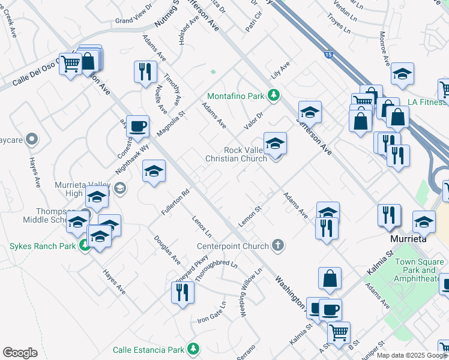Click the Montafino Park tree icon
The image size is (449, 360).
pyautogui.click(x=274, y=95)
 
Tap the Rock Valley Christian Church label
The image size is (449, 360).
pyautogui.click(x=236, y=154)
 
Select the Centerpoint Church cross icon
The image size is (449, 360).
pyautogui.click(x=277, y=245)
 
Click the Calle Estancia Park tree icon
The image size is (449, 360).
pyautogui.click(x=193, y=349)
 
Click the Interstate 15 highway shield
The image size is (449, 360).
pyautogui.click(x=327, y=55)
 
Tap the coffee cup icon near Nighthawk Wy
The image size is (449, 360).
pyautogui.click(x=138, y=127)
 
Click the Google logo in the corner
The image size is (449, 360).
pyautogui.click(x=20, y=352)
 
